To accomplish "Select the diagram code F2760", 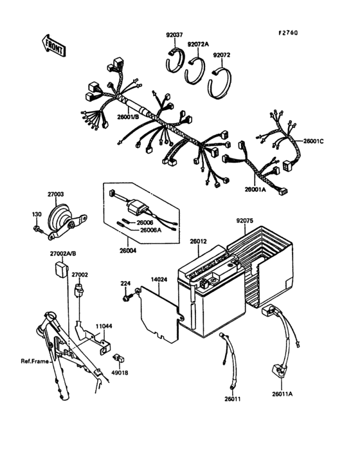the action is pyautogui.click(x=288, y=33).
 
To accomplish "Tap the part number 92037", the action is pyautogui.click(x=174, y=35).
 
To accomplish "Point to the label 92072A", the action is pyautogui.click(x=198, y=44).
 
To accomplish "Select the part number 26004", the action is pyautogui.click(x=128, y=251).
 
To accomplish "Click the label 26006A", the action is pyautogui.click(x=150, y=230).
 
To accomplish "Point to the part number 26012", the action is pyautogui.click(x=198, y=241).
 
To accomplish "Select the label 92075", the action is pyautogui.click(x=245, y=221).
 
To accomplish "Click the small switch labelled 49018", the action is pyautogui.click(x=119, y=358).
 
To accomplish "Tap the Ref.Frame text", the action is pyautogui.click(x=35, y=361).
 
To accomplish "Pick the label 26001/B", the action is pyautogui.click(x=128, y=116).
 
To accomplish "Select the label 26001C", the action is pyautogui.click(x=314, y=141).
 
